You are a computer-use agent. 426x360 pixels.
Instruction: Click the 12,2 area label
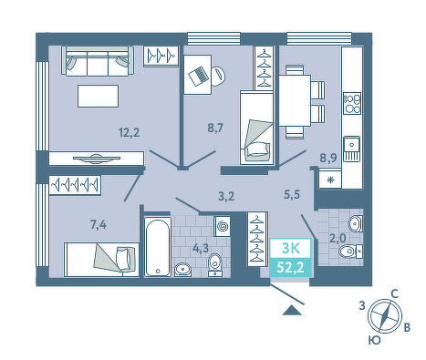130,133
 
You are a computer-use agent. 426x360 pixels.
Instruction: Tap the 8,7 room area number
215,129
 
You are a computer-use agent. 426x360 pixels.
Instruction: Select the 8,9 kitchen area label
328,158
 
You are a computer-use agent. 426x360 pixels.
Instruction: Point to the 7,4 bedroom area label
99,225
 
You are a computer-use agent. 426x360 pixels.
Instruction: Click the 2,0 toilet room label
338,238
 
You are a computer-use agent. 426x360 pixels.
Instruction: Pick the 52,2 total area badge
290,268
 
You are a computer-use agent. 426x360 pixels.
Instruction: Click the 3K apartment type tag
290,248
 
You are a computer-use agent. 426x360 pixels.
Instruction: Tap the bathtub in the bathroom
157,246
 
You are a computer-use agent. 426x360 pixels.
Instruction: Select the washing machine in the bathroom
223,226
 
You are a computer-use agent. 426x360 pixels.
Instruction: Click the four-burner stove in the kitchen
352,103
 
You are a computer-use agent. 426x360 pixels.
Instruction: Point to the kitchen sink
352,149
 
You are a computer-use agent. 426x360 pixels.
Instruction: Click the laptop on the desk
199,76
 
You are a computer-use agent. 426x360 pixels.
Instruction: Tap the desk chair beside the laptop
219,76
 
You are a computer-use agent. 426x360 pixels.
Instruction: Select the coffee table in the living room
98,96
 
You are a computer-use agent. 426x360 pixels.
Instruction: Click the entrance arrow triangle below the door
292,310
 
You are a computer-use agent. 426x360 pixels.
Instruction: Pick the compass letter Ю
375,340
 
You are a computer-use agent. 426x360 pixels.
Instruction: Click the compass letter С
394,293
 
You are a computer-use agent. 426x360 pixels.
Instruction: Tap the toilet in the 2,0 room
350,252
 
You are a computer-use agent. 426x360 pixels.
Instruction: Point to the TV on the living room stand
97,159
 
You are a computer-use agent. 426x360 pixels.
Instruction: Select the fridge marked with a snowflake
330,180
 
